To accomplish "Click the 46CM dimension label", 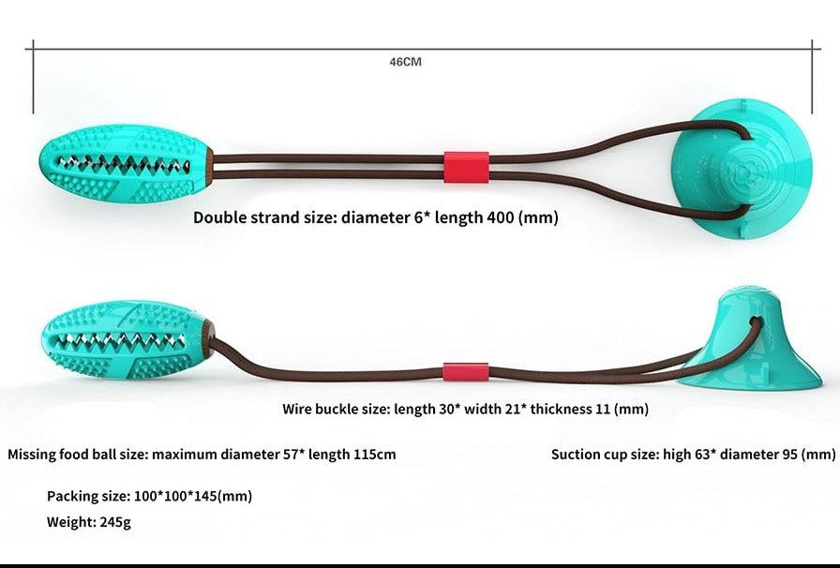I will [406, 62].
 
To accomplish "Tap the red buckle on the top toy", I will [466, 166].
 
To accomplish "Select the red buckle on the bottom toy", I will [465, 371].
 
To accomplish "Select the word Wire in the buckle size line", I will [298, 409].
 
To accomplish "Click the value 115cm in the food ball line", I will [374, 455].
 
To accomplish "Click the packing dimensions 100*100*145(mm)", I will [195, 496].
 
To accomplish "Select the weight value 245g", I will [114, 522].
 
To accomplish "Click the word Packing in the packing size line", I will [73, 496].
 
